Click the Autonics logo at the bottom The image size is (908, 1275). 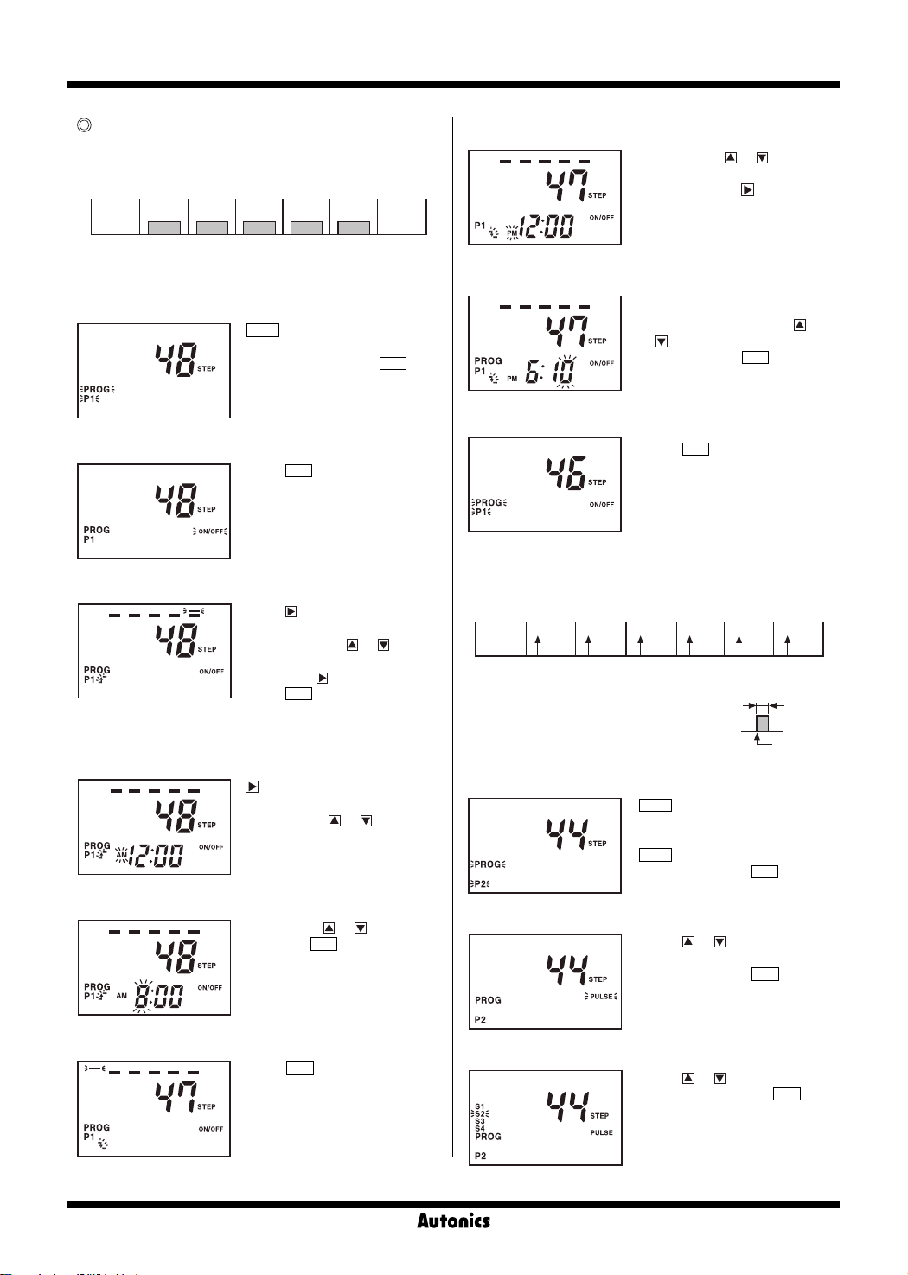(x=453, y=1221)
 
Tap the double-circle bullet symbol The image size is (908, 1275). (x=84, y=125)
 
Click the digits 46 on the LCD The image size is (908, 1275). (x=566, y=473)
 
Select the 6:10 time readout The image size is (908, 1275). (x=549, y=373)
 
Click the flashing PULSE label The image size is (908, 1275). (x=601, y=997)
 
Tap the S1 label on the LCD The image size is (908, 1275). (x=480, y=1106)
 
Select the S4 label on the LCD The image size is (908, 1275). (x=480, y=1128)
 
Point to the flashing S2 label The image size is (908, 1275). (x=480, y=1114)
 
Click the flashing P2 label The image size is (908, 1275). (x=481, y=883)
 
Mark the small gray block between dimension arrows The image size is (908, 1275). (x=762, y=723)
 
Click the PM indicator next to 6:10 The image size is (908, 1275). (x=512, y=379)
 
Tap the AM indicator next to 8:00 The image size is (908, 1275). (x=122, y=996)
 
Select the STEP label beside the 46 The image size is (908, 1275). (x=598, y=482)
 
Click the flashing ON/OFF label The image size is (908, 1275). (x=210, y=532)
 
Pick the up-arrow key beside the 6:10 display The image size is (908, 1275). (x=800, y=325)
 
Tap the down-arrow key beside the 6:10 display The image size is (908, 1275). (x=662, y=341)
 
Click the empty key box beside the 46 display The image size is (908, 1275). (x=695, y=449)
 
